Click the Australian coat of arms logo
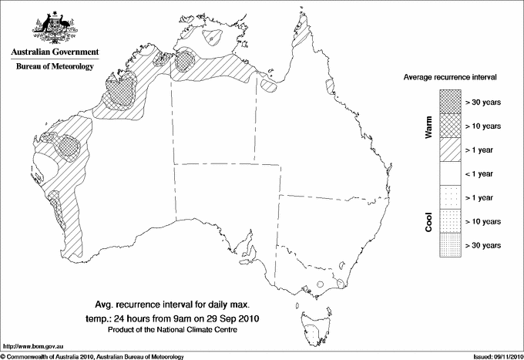coord(54,26)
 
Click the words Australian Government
coord(54,52)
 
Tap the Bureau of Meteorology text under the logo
coord(54,66)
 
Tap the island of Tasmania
coord(314,327)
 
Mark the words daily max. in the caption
coord(240,304)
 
